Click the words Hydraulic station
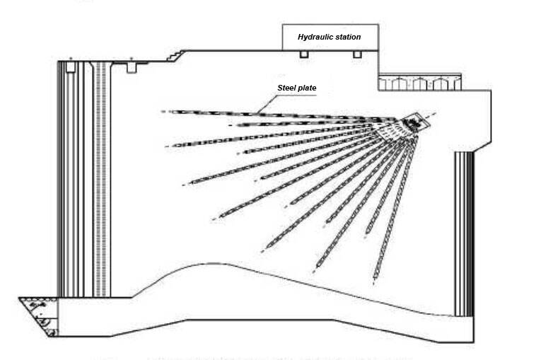(x=329, y=37)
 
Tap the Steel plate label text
(x=297, y=88)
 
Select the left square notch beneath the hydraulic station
(x=304, y=54)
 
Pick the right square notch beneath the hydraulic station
(x=357, y=54)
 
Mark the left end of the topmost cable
(x=163, y=112)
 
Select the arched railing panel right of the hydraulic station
(x=420, y=83)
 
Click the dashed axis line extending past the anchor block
(x=429, y=115)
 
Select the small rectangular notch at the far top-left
(x=71, y=67)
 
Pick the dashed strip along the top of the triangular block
(x=38, y=300)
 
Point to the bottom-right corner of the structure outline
(x=474, y=342)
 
